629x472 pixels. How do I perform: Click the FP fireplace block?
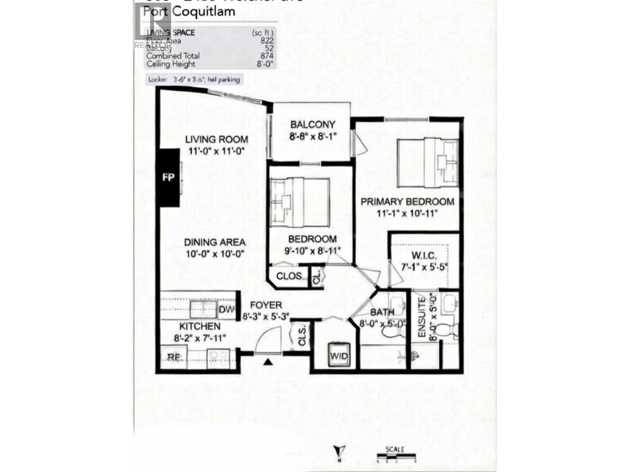click(x=168, y=177)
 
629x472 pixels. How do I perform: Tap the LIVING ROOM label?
click(x=217, y=139)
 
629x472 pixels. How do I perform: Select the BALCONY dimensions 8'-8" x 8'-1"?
click(x=313, y=136)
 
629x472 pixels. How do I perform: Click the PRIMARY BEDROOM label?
click(x=407, y=202)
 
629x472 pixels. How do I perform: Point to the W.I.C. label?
click(x=424, y=256)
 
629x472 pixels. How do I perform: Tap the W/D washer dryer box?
click(x=338, y=356)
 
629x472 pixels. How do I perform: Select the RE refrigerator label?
click(x=174, y=357)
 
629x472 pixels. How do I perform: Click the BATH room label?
click(x=382, y=313)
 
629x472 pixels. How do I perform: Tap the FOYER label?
click(x=266, y=305)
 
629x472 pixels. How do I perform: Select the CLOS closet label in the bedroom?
click(x=289, y=276)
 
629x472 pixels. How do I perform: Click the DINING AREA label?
click(x=215, y=243)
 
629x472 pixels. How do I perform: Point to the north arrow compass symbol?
click(x=340, y=451)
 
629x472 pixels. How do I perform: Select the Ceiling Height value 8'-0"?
click(x=265, y=64)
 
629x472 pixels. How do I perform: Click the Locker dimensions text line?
click(x=193, y=79)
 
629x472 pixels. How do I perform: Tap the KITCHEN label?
click(x=200, y=326)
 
